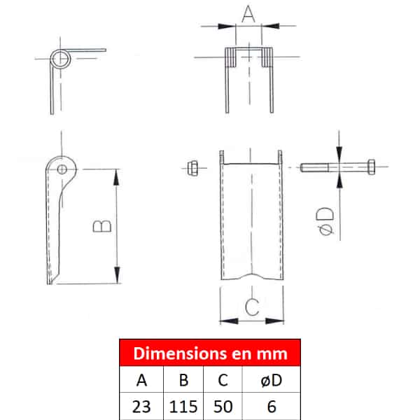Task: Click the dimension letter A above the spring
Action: [x=248, y=14]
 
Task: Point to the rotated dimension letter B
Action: [x=102, y=226]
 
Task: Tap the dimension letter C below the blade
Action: [x=252, y=307]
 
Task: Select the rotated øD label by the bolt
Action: [x=325, y=221]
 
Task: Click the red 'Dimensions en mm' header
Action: [x=210, y=353]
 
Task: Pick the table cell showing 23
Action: [x=141, y=406]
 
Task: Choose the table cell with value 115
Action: [x=183, y=406]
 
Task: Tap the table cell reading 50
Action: [x=223, y=406]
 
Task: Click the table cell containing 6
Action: [x=272, y=406]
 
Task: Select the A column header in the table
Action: [x=141, y=379]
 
